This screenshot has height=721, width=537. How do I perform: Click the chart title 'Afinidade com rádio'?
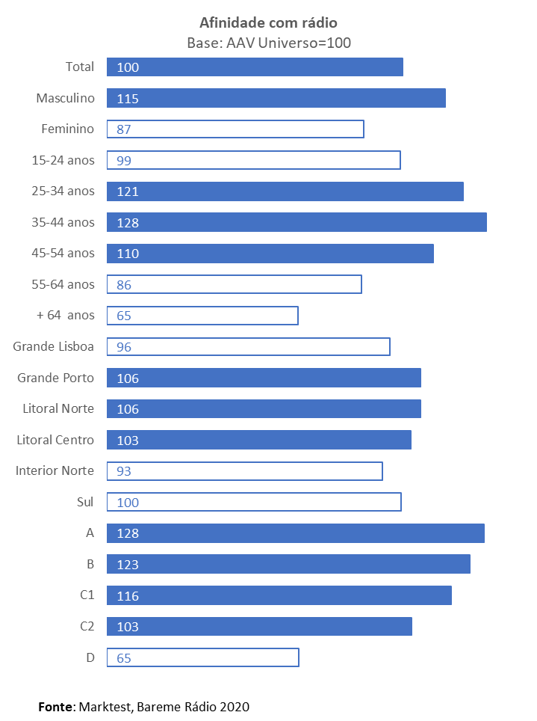(x=268, y=23)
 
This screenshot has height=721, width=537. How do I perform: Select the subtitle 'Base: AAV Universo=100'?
(x=268, y=43)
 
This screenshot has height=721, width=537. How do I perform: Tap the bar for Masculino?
(x=276, y=98)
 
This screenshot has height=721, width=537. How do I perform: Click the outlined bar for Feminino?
(x=235, y=129)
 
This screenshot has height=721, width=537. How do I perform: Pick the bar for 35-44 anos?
(x=297, y=222)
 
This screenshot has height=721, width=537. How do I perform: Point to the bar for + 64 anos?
(x=202, y=316)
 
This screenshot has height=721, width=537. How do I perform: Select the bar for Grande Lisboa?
(x=248, y=346)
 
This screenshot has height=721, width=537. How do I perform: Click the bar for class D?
(x=202, y=657)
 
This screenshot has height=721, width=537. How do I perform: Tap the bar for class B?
(x=288, y=564)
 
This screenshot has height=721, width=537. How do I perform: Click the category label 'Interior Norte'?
(x=55, y=470)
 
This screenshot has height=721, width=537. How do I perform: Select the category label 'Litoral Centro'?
(x=55, y=440)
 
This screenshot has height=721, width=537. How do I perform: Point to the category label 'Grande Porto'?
(x=55, y=378)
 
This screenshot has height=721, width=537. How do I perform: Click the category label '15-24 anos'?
(x=63, y=160)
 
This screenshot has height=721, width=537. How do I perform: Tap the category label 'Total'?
(x=80, y=67)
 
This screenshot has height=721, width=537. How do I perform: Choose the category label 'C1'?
(x=87, y=595)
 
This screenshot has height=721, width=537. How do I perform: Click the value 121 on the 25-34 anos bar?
(x=128, y=191)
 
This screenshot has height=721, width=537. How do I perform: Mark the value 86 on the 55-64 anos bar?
(x=124, y=285)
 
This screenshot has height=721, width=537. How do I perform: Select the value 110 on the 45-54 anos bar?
(x=128, y=254)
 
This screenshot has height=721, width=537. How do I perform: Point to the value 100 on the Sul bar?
(x=128, y=503)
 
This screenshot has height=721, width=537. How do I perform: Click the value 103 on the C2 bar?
(x=128, y=627)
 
